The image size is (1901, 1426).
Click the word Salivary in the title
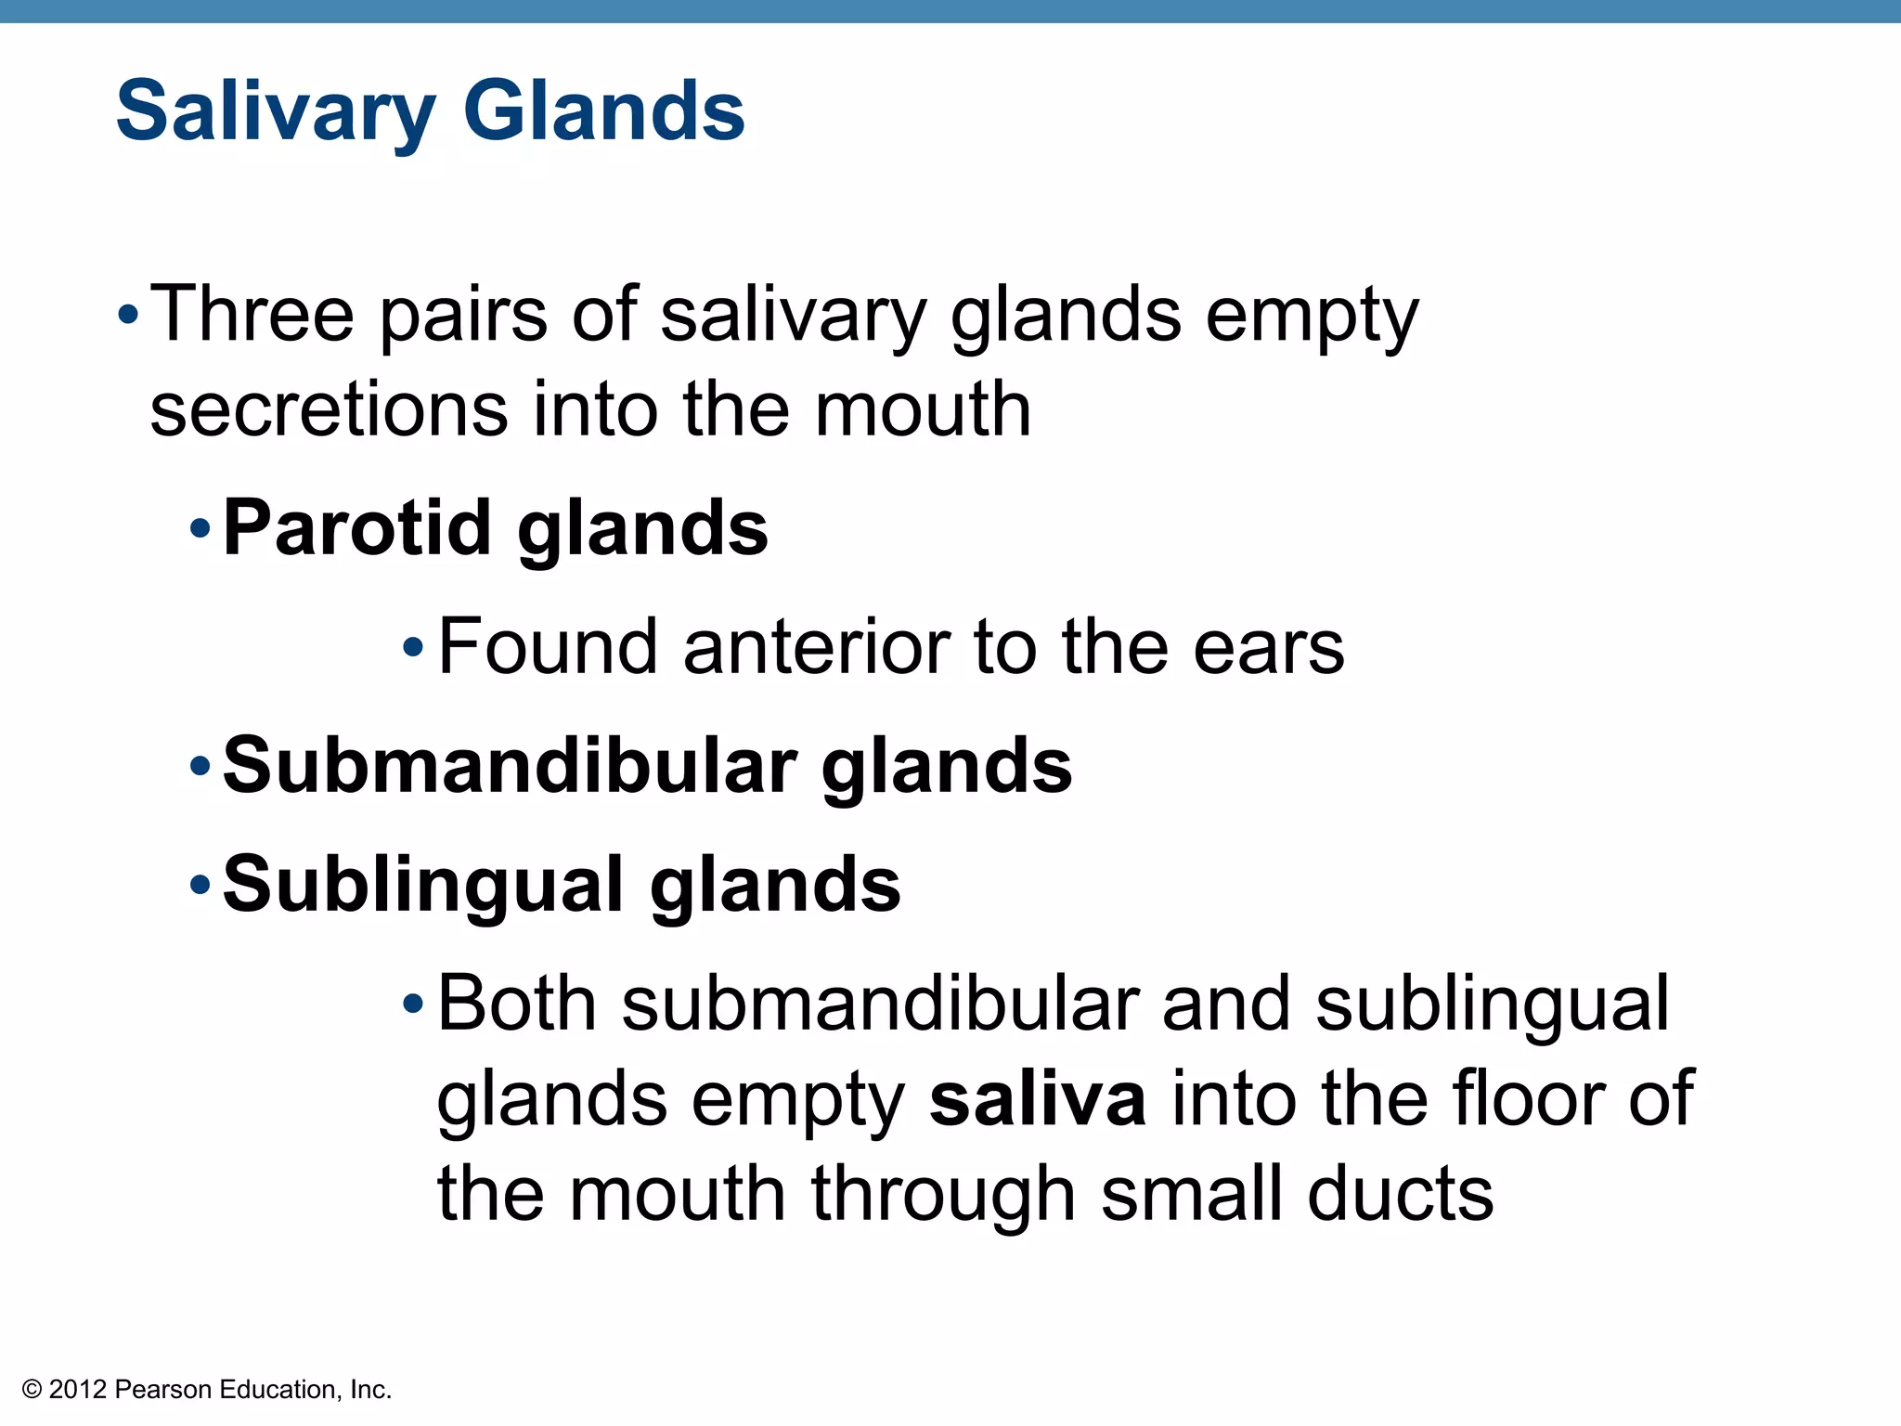point(275,112)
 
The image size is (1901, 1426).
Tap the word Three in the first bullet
point(252,314)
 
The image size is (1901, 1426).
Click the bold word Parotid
point(356,527)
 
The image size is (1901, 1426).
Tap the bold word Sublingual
point(422,885)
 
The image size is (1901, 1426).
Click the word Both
point(517,1004)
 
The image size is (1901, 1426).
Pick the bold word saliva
point(1037,1099)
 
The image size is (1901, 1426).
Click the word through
point(942,1196)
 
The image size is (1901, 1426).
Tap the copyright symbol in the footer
point(32,1390)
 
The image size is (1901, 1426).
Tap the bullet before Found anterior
point(413,647)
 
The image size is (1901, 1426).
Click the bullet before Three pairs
point(128,316)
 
